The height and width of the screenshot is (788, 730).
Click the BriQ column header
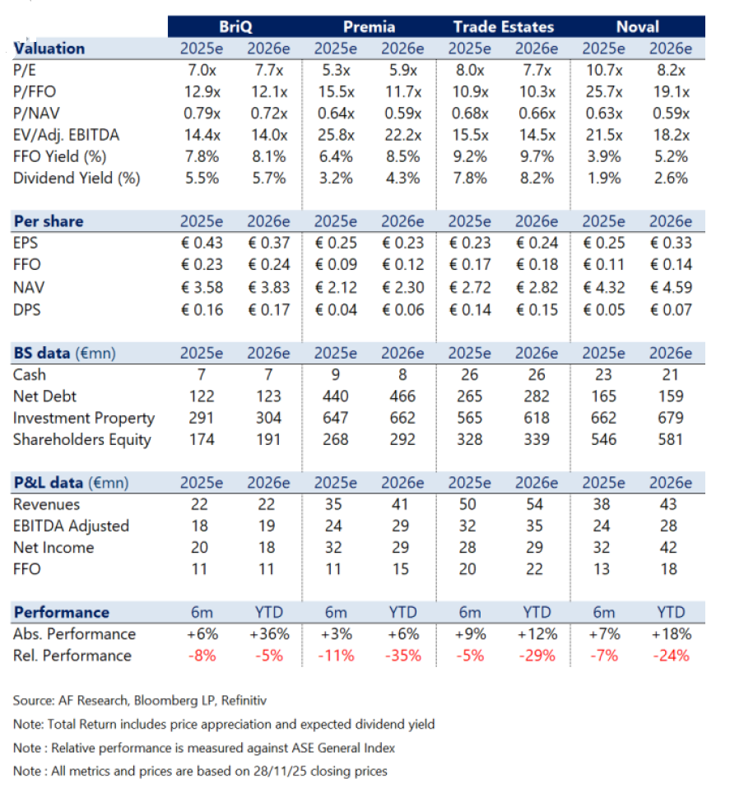point(235,26)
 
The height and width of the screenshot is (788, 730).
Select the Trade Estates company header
point(503,26)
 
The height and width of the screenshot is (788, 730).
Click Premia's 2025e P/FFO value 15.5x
point(335,92)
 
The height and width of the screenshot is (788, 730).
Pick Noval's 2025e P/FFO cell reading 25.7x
point(603,92)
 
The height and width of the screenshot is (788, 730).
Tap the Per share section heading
point(49,221)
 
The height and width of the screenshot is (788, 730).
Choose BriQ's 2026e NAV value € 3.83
point(268,287)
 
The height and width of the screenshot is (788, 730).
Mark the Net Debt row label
point(42,396)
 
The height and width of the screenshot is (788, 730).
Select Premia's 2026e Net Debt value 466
point(402,396)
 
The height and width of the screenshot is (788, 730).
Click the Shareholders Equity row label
point(82,439)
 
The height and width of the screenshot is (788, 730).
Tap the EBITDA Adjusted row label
point(71,526)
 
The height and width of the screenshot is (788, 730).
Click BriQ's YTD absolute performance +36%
point(268,634)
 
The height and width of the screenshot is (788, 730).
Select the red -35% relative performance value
point(402,656)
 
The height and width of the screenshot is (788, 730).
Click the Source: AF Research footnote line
point(140,701)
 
